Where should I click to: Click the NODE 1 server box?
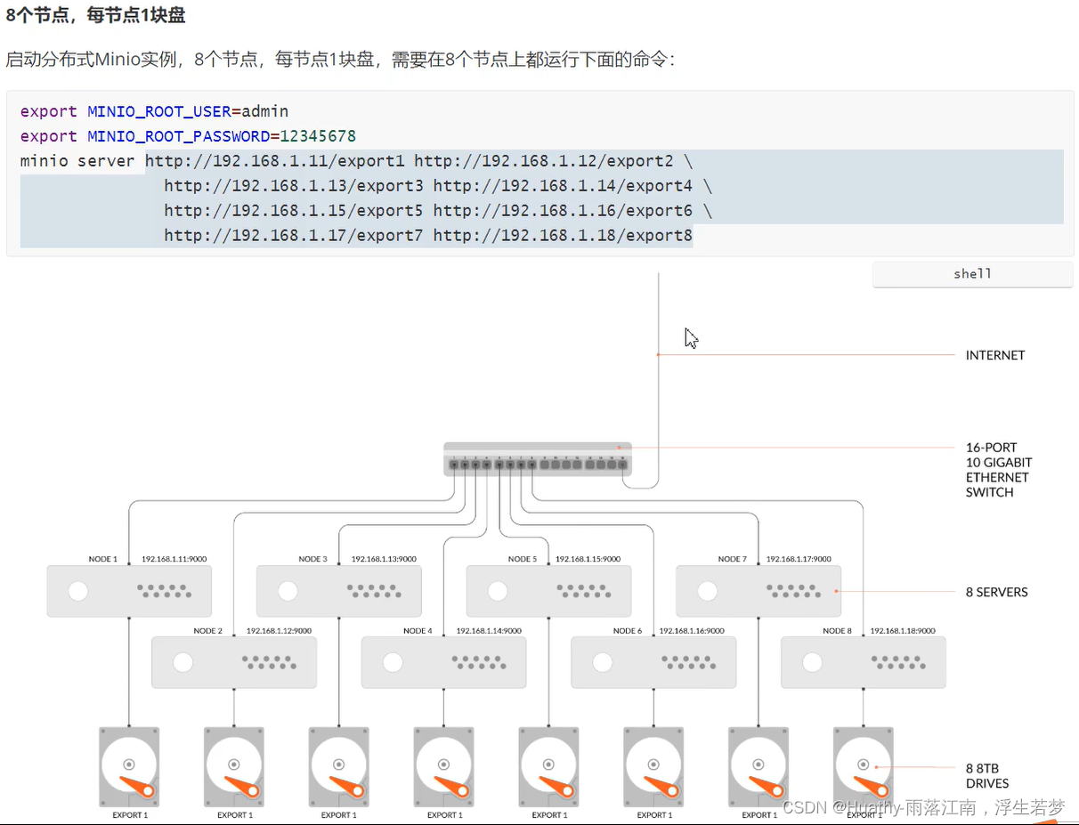[x=129, y=591]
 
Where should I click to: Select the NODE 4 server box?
[x=443, y=662]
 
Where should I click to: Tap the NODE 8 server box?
[x=863, y=662]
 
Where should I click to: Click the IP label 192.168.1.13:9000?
[x=384, y=559]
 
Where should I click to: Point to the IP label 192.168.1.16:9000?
[x=692, y=630]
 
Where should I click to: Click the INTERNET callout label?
[x=995, y=355]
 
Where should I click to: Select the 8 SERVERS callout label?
[x=996, y=592]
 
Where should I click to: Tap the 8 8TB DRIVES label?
[x=987, y=776]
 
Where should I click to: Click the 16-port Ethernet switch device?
[x=538, y=459]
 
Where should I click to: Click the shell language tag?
[x=972, y=274]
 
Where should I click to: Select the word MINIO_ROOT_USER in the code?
[x=158, y=111]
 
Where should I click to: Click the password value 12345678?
[x=318, y=136]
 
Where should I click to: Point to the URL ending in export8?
[x=563, y=236]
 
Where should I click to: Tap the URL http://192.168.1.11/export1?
[x=275, y=161]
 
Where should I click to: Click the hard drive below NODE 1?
[x=129, y=766]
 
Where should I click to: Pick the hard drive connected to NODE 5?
[x=548, y=766]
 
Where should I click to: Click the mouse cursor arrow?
[x=691, y=338]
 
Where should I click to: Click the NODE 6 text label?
[x=627, y=631]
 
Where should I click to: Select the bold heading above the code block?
[x=95, y=15]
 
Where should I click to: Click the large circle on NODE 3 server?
[x=288, y=591]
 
